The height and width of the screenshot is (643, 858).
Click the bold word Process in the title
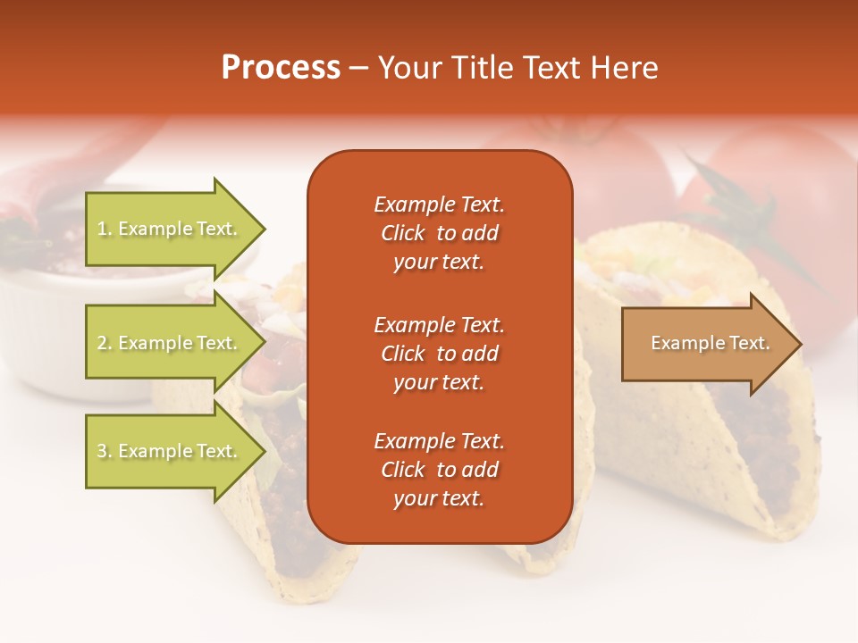tap(281, 68)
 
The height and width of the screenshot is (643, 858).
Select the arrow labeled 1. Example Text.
tap(170, 229)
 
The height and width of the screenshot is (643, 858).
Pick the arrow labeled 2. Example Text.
tap(170, 343)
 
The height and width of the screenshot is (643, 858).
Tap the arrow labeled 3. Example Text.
tap(170, 451)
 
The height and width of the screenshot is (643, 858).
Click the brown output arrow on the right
tap(706, 344)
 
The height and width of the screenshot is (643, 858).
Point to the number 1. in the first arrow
tap(105, 229)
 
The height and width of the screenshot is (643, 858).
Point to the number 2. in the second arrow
tap(105, 343)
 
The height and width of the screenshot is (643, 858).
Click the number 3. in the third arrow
tap(105, 451)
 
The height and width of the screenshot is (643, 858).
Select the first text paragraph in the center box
tap(439, 233)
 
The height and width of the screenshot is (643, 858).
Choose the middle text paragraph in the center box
tap(439, 354)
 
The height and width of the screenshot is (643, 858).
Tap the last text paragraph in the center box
tap(439, 470)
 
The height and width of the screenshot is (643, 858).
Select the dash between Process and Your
tap(358, 68)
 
